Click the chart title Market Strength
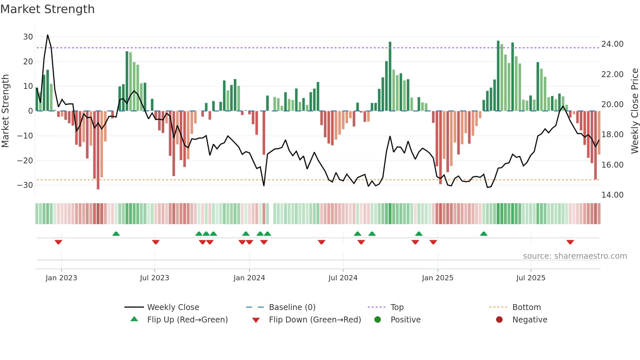click(x=47, y=9)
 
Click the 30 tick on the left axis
click(x=28, y=37)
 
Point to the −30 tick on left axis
click(x=25, y=185)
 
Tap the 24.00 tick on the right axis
click(x=612, y=44)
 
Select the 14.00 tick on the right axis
click(x=612, y=195)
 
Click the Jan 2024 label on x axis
click(x=249, y=278)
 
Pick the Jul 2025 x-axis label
click(x=531, y=278)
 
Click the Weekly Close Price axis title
click(x=634, y=111)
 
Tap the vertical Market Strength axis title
click(x=6, y=111)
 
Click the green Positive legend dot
click(x=378, y=320)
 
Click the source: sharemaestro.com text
click(x=575, y=256)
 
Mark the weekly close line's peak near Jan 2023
click(x=48, y=35)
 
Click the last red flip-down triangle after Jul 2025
click(x=570, y=242)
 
